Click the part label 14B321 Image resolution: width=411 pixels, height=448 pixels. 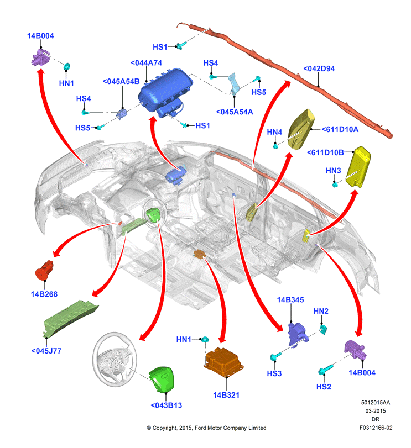[x=226, y=395]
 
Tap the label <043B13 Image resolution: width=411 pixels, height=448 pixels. [x=166, y=405]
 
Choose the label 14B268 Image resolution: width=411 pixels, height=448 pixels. [x=44, y=294]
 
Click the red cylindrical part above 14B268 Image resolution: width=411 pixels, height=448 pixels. [x=44, y=270]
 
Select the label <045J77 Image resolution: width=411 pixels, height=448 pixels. [x=46, y=351]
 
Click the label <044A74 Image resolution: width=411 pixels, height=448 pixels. [x=146, y=63]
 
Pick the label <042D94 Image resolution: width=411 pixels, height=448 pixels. [x=319, y=68]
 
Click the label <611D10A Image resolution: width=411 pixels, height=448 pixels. [x=340, y=129]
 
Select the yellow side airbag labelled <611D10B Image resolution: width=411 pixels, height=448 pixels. [x=358, y=167]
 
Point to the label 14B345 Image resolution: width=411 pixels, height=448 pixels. [x=290, y=300]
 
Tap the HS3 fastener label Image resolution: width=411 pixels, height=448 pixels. [x=274, y=373]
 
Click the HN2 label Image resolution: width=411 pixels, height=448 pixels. [x=321, y=311]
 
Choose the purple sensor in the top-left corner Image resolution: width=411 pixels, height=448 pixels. [x=40, y=57]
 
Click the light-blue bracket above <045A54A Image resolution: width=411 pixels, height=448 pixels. [x=235, y=84]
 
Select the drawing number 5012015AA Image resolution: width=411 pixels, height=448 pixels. [x=376, y=403]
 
